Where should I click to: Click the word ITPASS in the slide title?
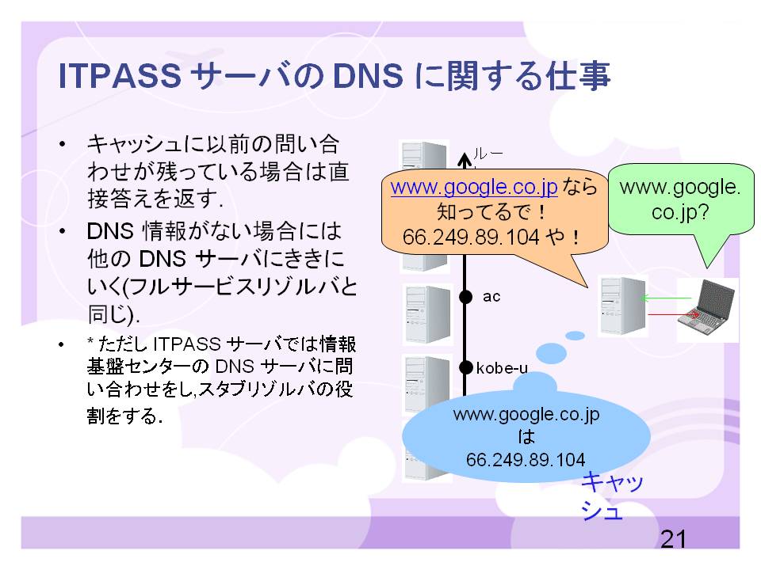pyautogui.click(x=120, y=76)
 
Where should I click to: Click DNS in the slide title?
pyautogui.click(x=368, y=76)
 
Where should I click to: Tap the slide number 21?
pyautogui.click(x=674, y=539)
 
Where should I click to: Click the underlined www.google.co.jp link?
pyautogui.click(x=474, y=187)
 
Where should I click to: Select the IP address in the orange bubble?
pyautogui.click(x=471, y=237)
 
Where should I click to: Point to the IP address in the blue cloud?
pyautogui.click(x=526, y=459)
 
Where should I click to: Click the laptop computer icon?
pyautogui.click(x=706, y=307)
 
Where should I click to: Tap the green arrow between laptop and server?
pyautogui.click(x=666, y=298)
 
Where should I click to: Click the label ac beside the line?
pyautogui.click(x=491, y=297)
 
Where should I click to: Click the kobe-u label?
pyautogui.click(x=502, y=368)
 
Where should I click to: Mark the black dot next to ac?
pyautogui.click(x=465, y=297)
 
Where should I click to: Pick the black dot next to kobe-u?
pyautogui.click(x=465, y=368)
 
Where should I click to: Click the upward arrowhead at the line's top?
pyautogui.click(x=465, y=159)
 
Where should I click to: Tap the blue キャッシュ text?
pyautogui.click(x=612, y=496)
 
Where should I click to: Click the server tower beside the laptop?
pyautogui.click(x=623, y=306)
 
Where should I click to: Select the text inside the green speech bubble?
pyautogui.click(x=680, y=199)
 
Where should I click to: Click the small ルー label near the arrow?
pyautogui.click(x=488, y=154)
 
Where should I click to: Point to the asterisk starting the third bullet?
pyautogui.click(x=90, y=341)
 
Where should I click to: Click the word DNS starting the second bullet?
pyautogui.click(x=110, y=231)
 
